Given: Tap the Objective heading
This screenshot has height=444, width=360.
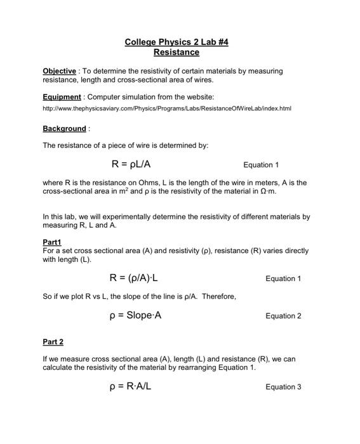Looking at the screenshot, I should click(59, 71).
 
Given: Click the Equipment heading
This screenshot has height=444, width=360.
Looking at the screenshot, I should click(62, 97).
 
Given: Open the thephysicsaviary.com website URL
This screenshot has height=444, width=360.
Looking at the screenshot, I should click(166, 109).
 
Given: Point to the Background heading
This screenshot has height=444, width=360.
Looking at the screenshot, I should click(64, 129).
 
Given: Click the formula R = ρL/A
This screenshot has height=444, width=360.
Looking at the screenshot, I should click(131, 164).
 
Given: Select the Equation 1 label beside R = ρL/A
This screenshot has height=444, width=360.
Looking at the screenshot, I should click(261, 165).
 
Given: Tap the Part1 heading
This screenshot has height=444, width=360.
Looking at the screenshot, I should click(53, 242).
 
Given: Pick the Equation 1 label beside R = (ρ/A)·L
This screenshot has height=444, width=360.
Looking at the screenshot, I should click(283, 278).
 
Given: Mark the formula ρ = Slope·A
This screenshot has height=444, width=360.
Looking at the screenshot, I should click(135, 315).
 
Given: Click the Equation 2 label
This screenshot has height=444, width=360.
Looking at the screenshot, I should click(283, 316).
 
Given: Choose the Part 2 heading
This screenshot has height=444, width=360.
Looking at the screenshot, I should click(53, 342).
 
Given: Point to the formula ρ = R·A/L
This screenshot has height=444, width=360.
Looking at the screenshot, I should click(130, 386).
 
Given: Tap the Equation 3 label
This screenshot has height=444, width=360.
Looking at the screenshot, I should click(283, 386).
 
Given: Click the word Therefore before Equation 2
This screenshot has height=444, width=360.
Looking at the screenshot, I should click(219, 296).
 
